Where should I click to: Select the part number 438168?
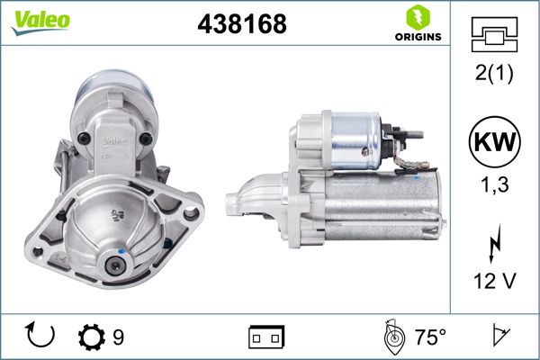click(x=241, y=24)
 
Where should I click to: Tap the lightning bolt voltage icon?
click(x=492, y=245)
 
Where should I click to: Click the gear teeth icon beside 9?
click(x=92, y=337)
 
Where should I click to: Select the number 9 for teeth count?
click(x=119, y=337)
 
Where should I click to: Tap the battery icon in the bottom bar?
click(x=266, y=337)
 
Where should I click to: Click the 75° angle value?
click(x=430, y=337)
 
